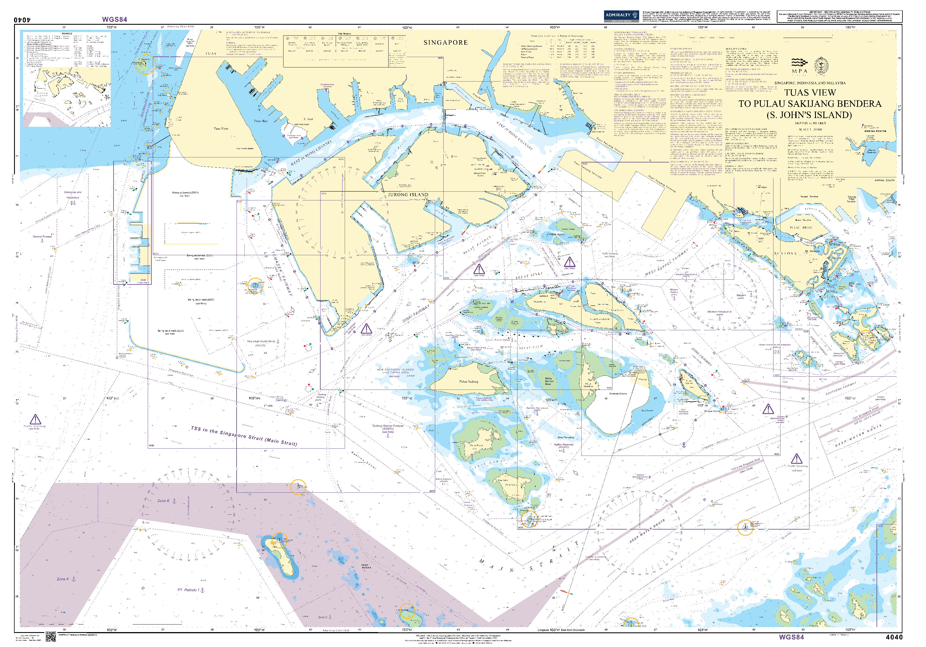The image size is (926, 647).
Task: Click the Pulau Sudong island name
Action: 468,381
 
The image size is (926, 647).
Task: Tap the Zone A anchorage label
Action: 63,579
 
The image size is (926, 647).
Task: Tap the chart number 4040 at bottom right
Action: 894,637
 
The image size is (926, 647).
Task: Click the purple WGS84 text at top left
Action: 115,19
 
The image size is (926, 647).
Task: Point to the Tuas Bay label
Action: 260,121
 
